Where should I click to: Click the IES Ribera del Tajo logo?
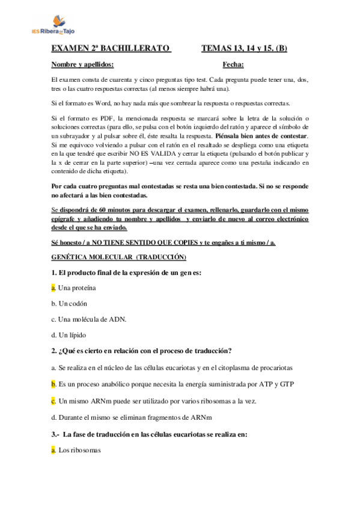click(53, 25)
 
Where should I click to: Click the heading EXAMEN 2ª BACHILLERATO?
click(111, 48)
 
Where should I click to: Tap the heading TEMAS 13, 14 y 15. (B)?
click(244, 48)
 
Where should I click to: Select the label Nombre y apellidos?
click(83, 64)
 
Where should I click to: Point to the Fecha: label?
click(233, 64)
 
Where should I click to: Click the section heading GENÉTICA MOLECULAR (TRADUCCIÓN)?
click(119, 257)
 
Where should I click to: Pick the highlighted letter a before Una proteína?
click(53, 288)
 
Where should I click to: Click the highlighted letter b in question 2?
click(53, 383)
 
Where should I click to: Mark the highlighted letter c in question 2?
click(53, 399)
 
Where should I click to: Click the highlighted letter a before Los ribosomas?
click(53, 449)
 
